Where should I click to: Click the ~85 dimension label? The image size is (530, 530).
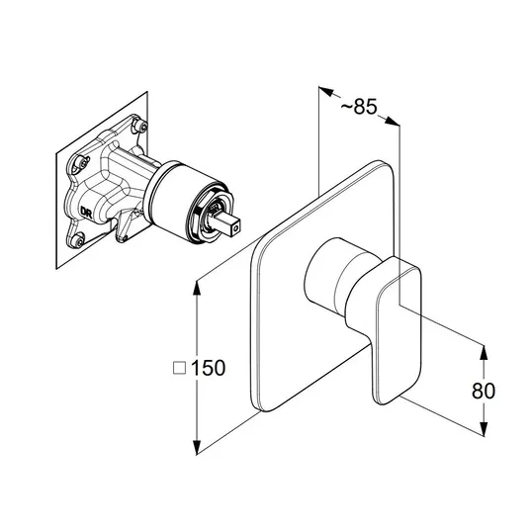[x=359, y=107]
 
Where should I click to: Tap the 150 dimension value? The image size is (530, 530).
[x=209, y=368]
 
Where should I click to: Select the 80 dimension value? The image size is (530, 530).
[x=484, y=391]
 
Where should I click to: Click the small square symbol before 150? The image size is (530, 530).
[x=180, y=368]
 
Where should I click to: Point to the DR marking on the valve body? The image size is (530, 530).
[x=85, y=212]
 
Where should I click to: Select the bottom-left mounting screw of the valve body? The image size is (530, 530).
[x=78, y=240]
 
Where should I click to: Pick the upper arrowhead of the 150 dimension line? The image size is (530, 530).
[x=197, y=289]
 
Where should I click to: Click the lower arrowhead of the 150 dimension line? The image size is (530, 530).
[x=197, y=447]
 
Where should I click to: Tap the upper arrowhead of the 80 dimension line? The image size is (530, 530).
[x=484, y=353]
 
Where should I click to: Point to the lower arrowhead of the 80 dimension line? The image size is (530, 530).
[x=484, y=428]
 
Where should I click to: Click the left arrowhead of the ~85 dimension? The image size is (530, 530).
[x=326, y=92]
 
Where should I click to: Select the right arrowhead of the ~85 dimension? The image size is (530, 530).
[x=393, y=121]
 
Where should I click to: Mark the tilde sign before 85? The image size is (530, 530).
[x=346, y=108]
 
